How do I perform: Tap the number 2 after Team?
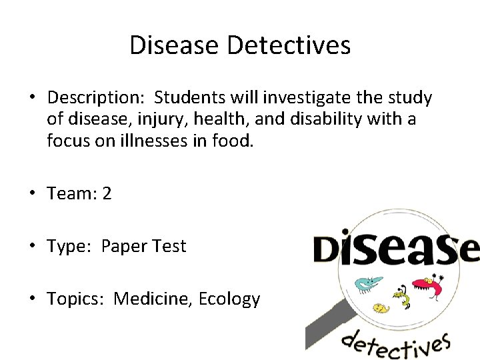coord(107,194)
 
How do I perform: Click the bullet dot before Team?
coord(32,194)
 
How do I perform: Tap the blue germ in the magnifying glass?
coord(365,284)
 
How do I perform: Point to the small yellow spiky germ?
coord(380,309)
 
